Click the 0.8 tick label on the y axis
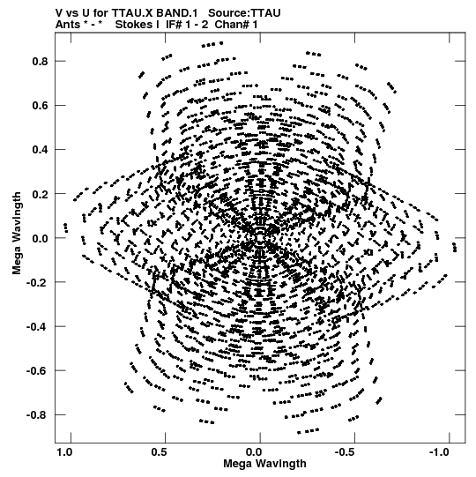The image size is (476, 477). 41,61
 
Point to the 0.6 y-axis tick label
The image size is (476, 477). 41,106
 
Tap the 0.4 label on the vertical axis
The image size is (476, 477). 41,150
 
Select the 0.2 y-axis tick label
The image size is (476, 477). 41,194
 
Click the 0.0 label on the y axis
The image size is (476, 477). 41,238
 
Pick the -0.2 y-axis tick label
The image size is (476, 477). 37,283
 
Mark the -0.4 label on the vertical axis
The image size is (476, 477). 37,327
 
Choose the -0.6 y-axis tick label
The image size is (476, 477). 37,371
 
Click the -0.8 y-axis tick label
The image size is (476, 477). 37,415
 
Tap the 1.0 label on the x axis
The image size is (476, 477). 64,452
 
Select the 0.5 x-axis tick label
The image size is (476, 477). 159,452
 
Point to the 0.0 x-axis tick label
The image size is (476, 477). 254,452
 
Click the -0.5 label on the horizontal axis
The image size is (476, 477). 346,452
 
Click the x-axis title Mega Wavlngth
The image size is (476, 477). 265,464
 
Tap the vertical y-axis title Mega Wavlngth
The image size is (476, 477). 17,234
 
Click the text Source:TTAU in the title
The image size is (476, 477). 244,13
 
